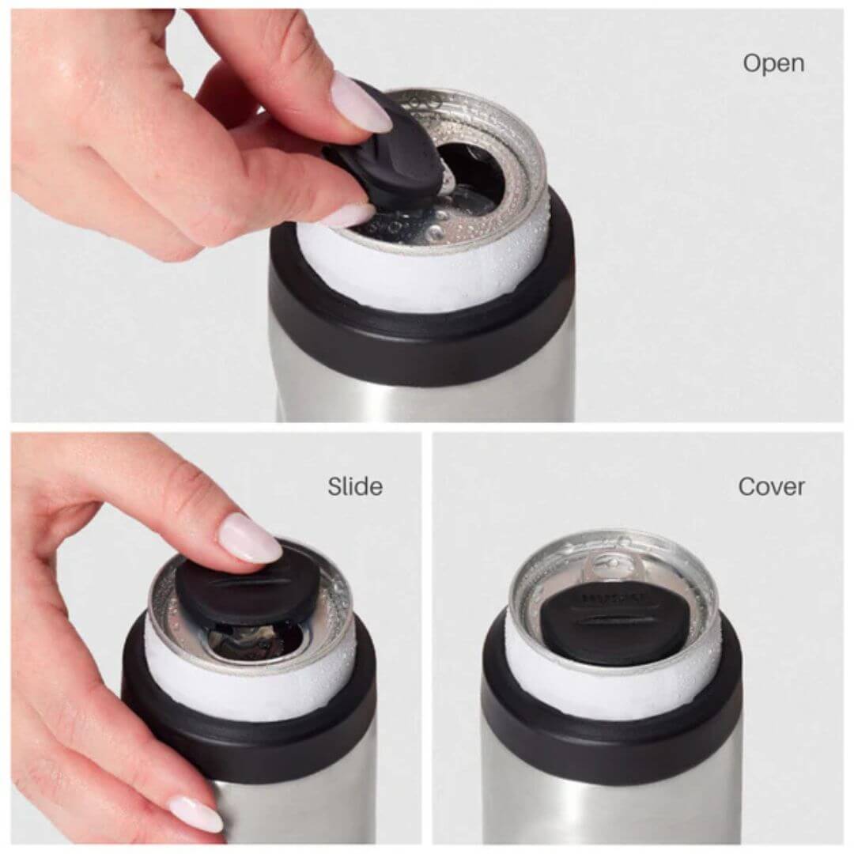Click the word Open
point(773,62)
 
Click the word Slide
point(355,486)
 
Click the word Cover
point(771,486)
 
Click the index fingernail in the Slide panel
point(250,538)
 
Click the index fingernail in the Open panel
point(361,103)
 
